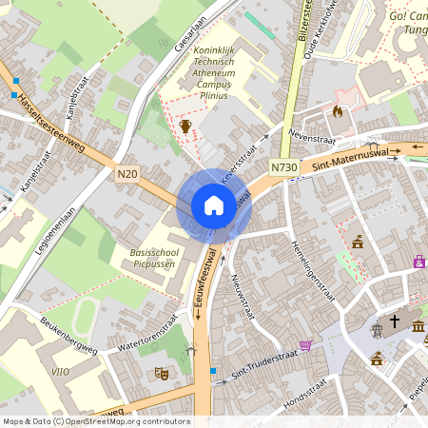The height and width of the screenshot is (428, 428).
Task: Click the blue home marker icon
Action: tap(214, 205)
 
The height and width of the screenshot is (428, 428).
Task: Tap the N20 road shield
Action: tap(128, 174)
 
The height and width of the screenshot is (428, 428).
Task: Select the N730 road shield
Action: tap(282, 166)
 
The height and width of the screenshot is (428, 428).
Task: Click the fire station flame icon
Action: tap(337, 111)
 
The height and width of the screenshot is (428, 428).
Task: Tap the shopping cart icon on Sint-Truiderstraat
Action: tap(305, 345)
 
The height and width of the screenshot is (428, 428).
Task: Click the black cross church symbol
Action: tap(395, 322)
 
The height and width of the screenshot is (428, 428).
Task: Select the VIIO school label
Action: tap(60, 372)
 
